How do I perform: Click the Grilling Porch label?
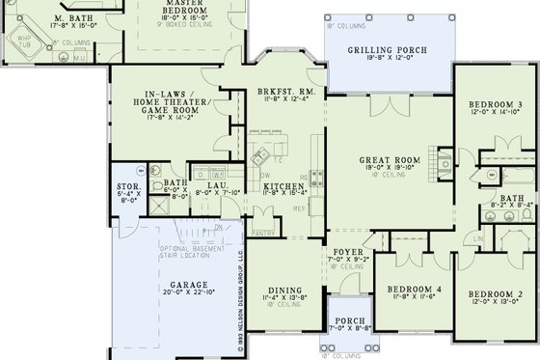coord(387,50)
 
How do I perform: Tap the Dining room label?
coord(284,290)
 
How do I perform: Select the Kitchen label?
coord(284,185)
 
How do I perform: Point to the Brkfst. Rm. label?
coord(283,92)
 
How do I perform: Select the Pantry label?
coord(262,232)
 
